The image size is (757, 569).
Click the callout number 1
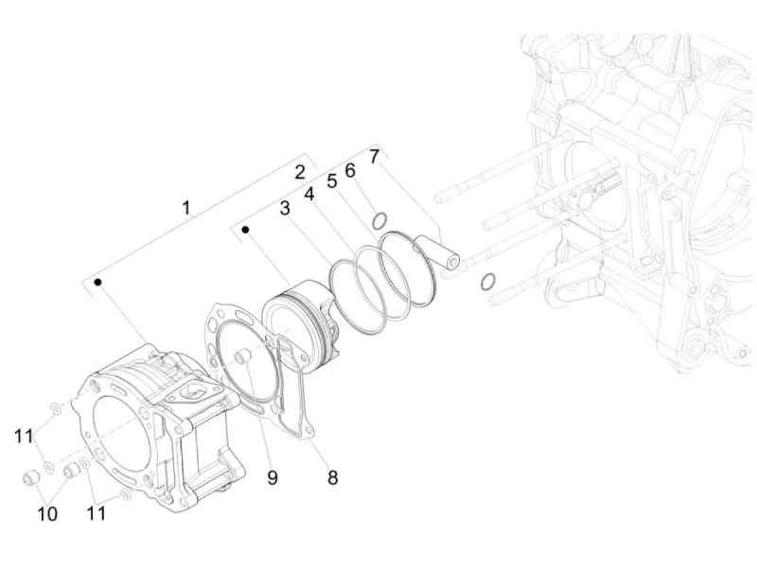click(186, 208)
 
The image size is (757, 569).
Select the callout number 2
click(300, 172)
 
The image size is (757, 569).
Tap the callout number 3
click(286, 208)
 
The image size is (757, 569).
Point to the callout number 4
click(309, 194)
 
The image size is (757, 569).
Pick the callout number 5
click(332, 181)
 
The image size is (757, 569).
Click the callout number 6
click(350, 170)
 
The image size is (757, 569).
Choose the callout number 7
click(375, 157)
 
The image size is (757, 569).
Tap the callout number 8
click(333, 478)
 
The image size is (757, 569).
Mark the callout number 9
click(273, 478)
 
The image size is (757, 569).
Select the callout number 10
click(47, 514)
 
